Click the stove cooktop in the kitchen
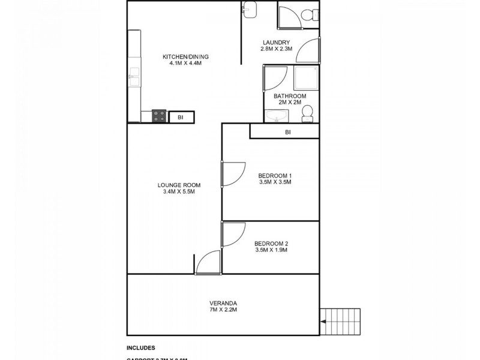159,116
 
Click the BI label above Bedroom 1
288,132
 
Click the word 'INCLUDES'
141,347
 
